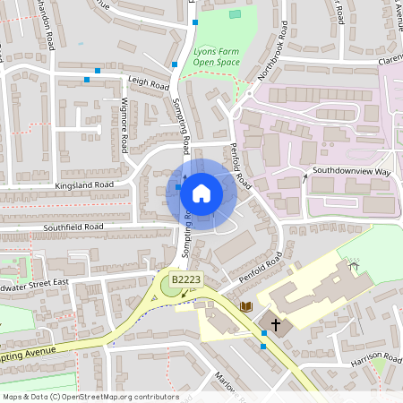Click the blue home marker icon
[x=201, y=193]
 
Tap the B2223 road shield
[x=185, y=280]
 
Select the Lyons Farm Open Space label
[x=217, y=58]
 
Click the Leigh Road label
[x=149, y=82]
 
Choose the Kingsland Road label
[x=84, y=184]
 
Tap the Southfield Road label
[x=73, y=227]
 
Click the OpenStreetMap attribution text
[x=90, y=397]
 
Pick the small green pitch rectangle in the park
[x=235, y=14]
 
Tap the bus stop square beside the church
[x=263, y=333]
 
